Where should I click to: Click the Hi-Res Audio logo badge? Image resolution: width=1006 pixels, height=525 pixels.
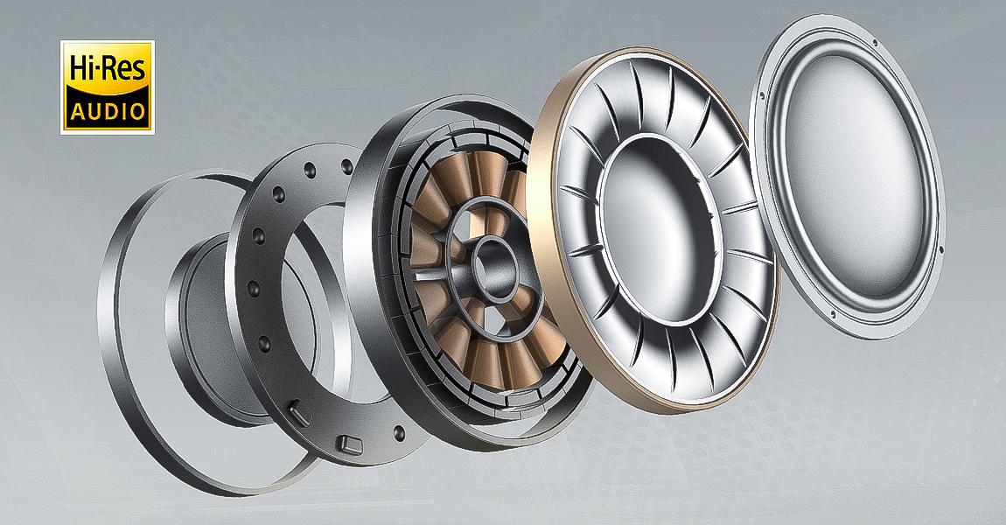(x=107, y=87)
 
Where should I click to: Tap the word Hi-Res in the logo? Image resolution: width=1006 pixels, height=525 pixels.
(x=108, y=68)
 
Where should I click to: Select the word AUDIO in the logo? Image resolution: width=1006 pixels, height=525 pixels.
(x=108, y=112)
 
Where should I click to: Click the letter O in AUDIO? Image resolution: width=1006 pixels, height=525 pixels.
(x=136, y=112)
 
